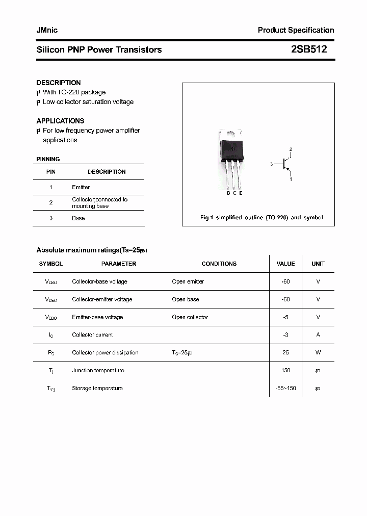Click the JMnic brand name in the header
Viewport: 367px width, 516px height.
pos(47,30)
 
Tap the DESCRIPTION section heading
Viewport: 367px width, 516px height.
pos(59,83)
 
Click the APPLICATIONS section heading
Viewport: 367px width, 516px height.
pos(60,121)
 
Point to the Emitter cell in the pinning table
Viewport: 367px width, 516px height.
pos(81,187)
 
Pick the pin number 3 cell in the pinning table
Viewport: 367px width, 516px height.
pos(51,218)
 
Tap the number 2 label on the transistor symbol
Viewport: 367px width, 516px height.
pos(291,149)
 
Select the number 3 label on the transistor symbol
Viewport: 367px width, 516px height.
pos(272,164)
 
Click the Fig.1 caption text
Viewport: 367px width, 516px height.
pos(261,218)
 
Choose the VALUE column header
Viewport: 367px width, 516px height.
pos(285,264)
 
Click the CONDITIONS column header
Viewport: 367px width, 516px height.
pos(219,264)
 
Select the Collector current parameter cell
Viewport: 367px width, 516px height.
pos(92,335)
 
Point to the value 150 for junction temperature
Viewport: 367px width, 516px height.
pos(285,371)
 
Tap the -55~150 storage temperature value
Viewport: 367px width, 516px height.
pos(285,389)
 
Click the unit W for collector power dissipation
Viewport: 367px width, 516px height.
pos(318,353)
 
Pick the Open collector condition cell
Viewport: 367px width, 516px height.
pos(190,317)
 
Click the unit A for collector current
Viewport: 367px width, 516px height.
pos(318,335)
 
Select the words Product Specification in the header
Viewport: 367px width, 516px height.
pos(296,30)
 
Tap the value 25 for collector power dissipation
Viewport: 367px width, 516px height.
pos(285,353)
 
